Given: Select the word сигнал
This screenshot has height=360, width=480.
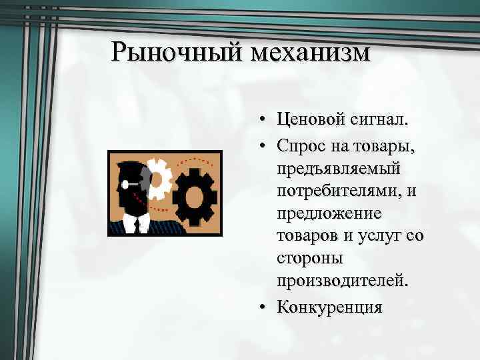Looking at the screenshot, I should pos(379,120).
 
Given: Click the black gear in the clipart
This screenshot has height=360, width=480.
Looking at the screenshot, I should pos(195,195).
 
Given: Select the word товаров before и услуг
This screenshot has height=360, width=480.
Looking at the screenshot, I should pos(310,237).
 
